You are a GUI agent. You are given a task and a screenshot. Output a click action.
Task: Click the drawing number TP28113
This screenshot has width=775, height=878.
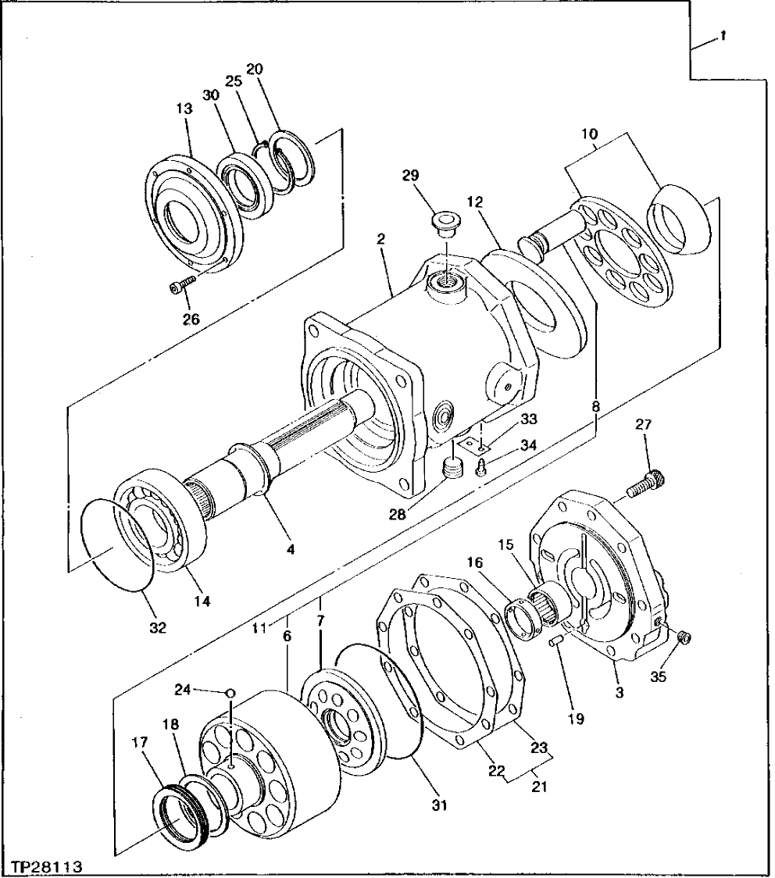(46, 867)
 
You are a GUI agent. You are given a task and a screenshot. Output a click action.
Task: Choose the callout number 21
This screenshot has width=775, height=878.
(538, 786)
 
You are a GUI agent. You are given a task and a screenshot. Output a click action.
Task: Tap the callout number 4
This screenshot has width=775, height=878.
(291, 549)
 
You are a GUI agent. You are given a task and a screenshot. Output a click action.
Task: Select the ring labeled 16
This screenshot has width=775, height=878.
(522, 615)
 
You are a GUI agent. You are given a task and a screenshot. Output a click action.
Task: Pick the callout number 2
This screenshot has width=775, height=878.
(380, 239)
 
